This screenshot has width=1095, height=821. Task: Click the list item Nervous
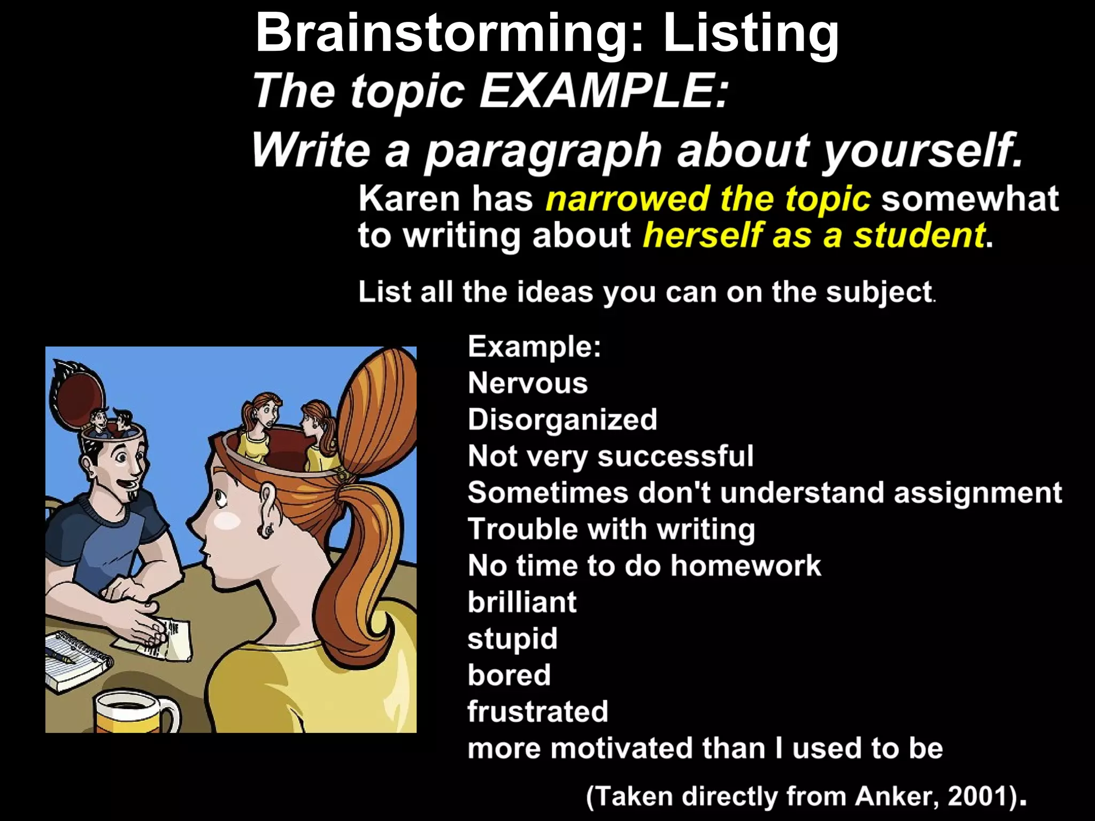pyautogui.click(x=528, y=383)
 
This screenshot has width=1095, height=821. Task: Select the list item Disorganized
pyautogui.click(x=562, y=420)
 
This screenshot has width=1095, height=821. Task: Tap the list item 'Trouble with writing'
pyautogui.click(x=611, y=529)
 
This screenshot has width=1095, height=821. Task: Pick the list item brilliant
pyautogui.click(x=522, y=602)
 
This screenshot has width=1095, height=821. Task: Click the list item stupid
pyautogui.click(x=512, y=639)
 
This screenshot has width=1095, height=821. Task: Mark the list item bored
pyautogui.click(x=509, y=675)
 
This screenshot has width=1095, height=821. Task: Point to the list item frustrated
pyautogui.click(x=538, y=711)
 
